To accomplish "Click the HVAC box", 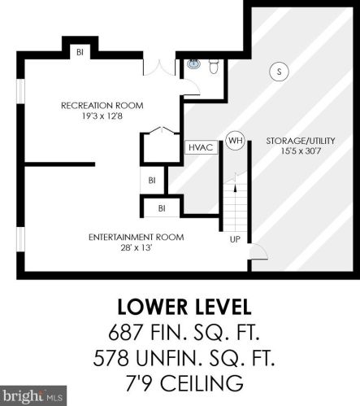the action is pos(202,147).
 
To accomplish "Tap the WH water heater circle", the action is pos(235,141).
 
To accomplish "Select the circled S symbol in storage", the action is pos(279,72).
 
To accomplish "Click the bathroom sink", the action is pos(193,63).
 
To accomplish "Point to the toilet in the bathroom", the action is pos(214,67).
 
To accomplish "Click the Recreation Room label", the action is pos(102,106).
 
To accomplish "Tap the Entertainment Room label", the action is pos(137,237).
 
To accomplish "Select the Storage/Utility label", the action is pos(301,141).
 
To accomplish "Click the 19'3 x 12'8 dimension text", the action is pos(102,116).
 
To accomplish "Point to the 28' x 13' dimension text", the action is pos(136,247).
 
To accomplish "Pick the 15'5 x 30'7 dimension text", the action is pos(301,151).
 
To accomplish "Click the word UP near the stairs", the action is pos(235,239).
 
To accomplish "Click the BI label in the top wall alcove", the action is pos(80,52).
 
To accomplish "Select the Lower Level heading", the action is pos(184,307).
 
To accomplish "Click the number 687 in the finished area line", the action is pos(125,333).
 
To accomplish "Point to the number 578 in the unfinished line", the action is pos(111,358).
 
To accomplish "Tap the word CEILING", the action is pos(202,383).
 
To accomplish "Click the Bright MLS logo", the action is pos(33,395).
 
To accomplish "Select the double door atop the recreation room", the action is pos(159,68).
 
